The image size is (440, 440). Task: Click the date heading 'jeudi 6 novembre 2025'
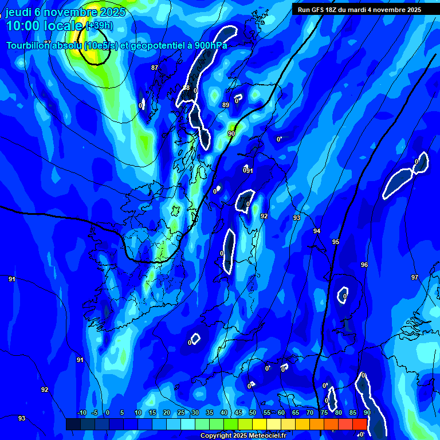[67, 12]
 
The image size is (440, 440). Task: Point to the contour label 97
[415, 277]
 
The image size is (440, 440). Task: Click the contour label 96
[364, 265]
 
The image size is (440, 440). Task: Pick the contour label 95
[336, 242]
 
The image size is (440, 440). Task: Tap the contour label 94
[317, 231]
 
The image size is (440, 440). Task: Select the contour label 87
[155, 68]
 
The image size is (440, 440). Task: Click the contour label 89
[226, 105]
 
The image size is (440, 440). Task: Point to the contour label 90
[231, 133]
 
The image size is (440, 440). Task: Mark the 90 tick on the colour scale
[367, 413]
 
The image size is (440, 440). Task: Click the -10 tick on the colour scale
[82, 413]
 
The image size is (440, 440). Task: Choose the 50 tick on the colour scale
[253, 413]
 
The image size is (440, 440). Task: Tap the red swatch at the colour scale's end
[360, 424]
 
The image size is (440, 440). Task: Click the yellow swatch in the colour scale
[260, 424]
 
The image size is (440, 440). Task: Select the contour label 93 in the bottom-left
[22, 418]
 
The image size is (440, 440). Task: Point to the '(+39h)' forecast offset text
[99, 26]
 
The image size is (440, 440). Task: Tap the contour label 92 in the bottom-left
[45, 390]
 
